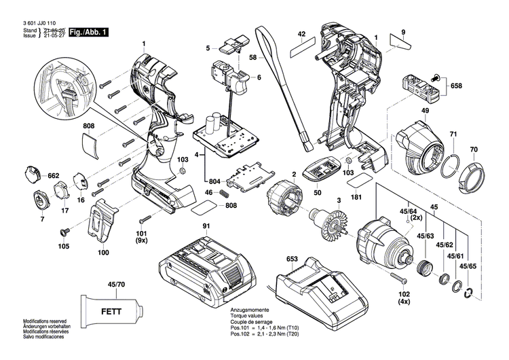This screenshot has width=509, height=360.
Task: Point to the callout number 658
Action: pos(456,86)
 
